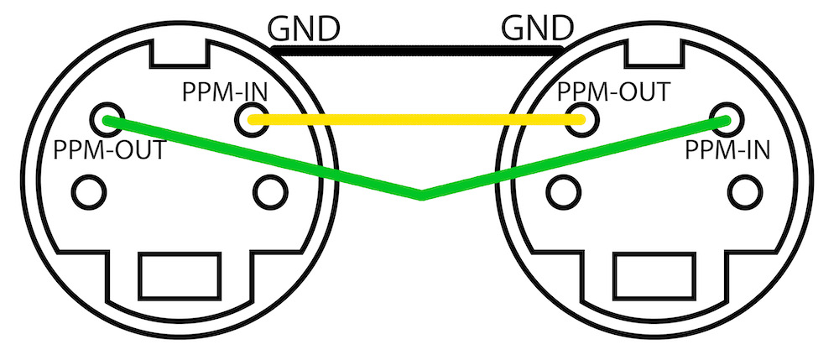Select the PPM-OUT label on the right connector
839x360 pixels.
(615, 90)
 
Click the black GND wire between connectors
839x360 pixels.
(419, 52)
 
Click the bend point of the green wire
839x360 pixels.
(421, 196)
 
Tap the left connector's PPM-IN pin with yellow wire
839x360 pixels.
(250, 121)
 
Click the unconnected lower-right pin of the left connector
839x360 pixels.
(268, 192)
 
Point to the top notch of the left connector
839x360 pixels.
(178, 52)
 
